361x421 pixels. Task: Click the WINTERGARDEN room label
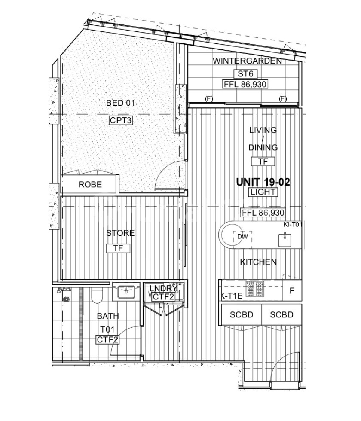247,61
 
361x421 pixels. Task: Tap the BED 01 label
120,103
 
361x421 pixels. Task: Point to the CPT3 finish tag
120,121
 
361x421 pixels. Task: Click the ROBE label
90,185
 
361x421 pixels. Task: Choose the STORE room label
120,233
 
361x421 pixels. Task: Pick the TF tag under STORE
118,248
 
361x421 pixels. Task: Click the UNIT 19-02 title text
263,182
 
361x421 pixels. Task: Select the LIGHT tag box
263,192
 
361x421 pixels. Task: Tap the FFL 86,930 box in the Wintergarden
245,84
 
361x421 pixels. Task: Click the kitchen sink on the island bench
285,239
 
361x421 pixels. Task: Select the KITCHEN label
258,262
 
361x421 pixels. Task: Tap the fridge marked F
291,291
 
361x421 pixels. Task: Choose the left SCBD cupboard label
242,315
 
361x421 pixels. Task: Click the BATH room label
107,317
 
